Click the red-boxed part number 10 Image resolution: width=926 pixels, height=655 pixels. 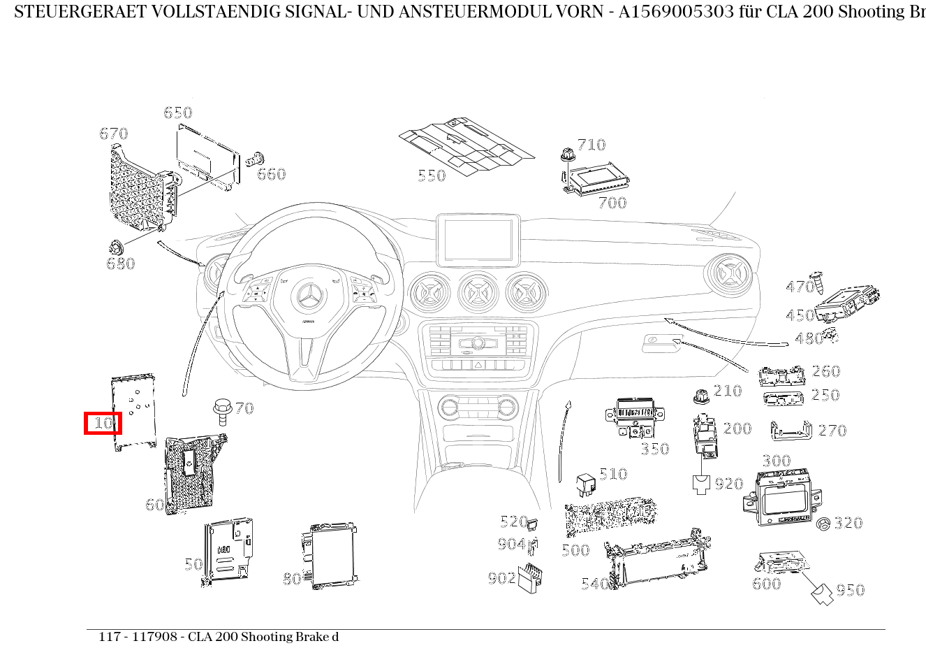(x=103, y=423)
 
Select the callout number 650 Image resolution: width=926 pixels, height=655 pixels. (x=177, y=113)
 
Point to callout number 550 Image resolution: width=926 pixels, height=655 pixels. (x=431, y=175)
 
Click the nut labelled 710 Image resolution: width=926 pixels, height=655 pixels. (x=567, y=154)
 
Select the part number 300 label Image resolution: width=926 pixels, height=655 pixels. (x=776, y=461)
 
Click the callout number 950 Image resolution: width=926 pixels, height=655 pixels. (x=850, y=591)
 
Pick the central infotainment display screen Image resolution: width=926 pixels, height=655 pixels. (x=478, y=239)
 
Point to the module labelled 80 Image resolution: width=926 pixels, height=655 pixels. (x=332, y=556)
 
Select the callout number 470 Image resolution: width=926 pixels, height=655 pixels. (x=800, y=287)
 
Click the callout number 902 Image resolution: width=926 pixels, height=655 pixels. (x=501, y=578)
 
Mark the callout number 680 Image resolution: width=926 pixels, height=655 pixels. (x=120, y=264)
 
